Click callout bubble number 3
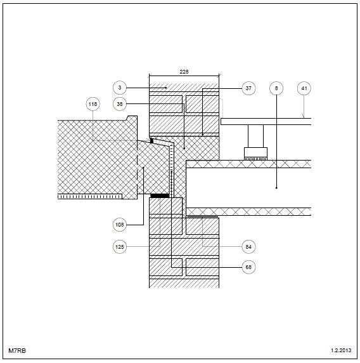120,88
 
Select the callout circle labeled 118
93,104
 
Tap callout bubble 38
120,104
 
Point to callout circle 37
248,88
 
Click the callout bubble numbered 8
276,88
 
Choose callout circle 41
304,88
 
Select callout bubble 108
120,225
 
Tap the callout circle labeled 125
120,247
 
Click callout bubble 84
248,247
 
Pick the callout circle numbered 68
248,267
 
